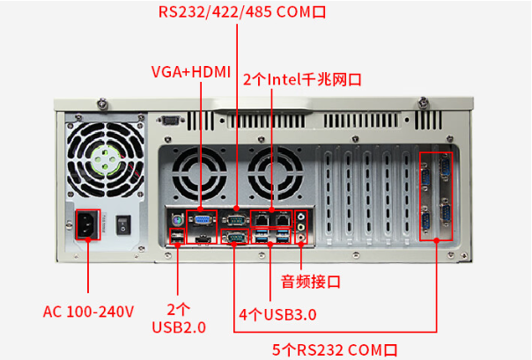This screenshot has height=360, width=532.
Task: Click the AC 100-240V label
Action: point(88,311)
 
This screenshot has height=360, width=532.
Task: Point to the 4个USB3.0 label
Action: point(277,314)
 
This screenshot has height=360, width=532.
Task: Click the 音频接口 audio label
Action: point(310,282)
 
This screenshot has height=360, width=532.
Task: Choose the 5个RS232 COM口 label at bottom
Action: point(335,349)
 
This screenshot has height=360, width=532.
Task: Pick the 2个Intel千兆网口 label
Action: point(300,78)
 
